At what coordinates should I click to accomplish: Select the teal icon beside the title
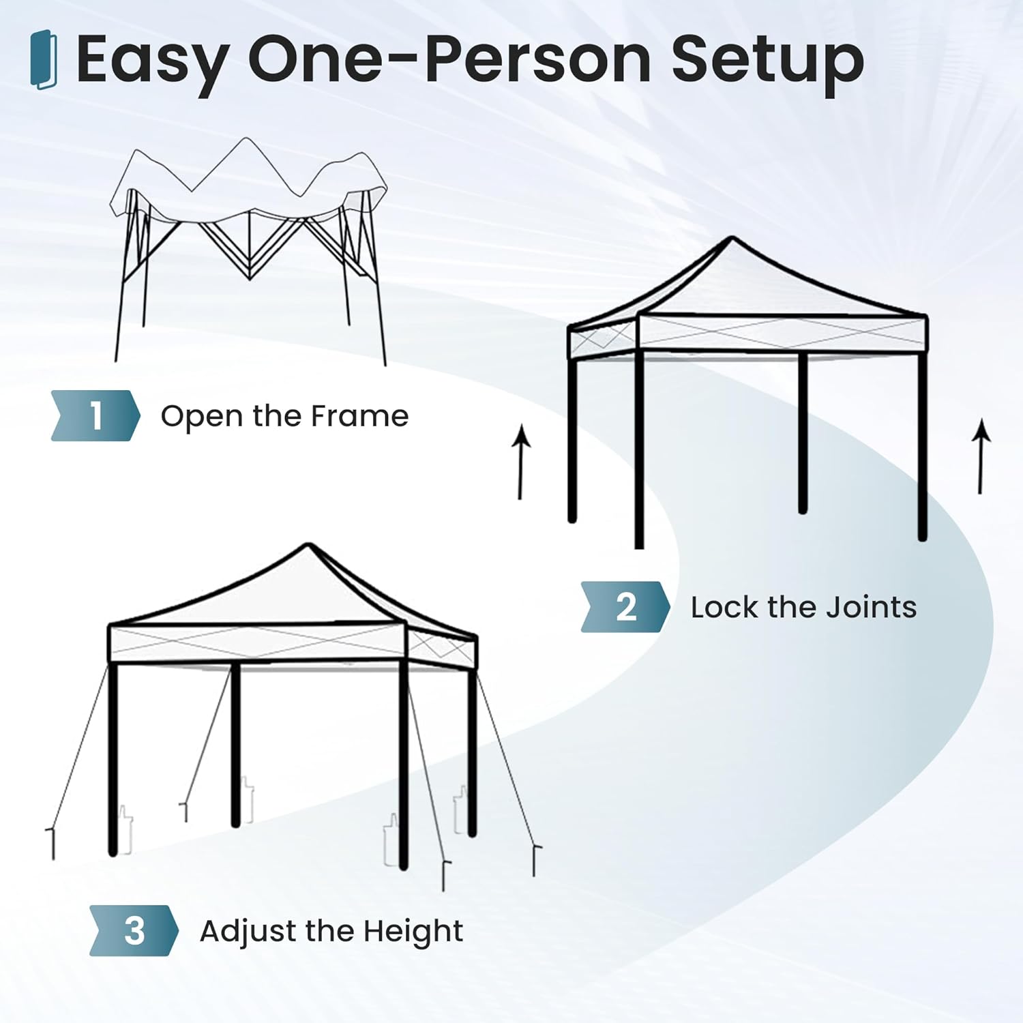pos(44,59)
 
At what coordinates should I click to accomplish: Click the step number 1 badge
pos(95,415)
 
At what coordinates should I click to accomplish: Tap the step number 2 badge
pos(625,606)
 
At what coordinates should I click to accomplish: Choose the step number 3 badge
pos(134,930)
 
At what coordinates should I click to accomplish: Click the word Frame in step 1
pos(359,416)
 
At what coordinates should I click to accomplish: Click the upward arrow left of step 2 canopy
pos(521,462)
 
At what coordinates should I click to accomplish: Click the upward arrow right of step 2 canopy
pos(981,456)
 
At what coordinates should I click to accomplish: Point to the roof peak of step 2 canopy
pos(732,238)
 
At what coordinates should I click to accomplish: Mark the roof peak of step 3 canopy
pos(308,545)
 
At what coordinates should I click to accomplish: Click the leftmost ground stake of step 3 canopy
pos(51,844)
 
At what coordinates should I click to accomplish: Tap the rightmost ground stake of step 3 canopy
pos(536,861)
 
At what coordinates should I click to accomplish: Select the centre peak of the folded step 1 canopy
pos(246,139)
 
